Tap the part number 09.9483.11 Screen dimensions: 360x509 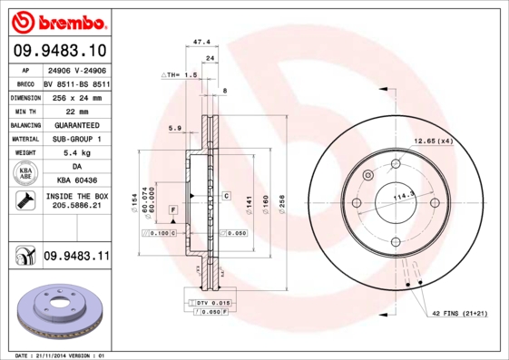pyautogui.click(x=76, y=258)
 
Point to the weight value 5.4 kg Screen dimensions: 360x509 pyautogui.click(x=76, y=153)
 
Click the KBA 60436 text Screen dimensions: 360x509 pyautogui.click(x=76, y=181)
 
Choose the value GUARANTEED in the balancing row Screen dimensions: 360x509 pyautogui.click(x=76, y=124)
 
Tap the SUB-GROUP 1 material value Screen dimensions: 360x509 pyautogui.click(x=76, y=139)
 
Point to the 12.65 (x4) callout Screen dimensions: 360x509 pyautogui.click(x=434, y=141)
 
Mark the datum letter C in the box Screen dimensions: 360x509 pyautogui.click(x=224, y=196)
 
